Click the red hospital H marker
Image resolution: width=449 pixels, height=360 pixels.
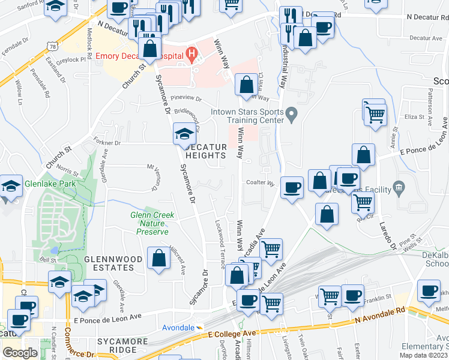coord(191,55)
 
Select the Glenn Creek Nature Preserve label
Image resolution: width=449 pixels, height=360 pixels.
coord(152,223)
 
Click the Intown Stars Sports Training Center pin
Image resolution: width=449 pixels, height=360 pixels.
coord(291,113)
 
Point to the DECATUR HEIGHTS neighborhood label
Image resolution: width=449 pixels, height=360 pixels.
coord(205,151)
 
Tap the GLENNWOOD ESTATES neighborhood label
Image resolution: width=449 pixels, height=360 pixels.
coord(109,263)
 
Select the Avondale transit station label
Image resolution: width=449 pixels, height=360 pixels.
coord(178,328)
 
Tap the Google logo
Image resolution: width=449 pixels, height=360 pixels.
coord(20,352)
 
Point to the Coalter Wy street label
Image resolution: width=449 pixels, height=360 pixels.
coord(259,183)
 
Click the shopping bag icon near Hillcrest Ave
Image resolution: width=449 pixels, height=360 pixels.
coord(158,260)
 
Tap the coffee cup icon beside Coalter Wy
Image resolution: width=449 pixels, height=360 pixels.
coord(292,188)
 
